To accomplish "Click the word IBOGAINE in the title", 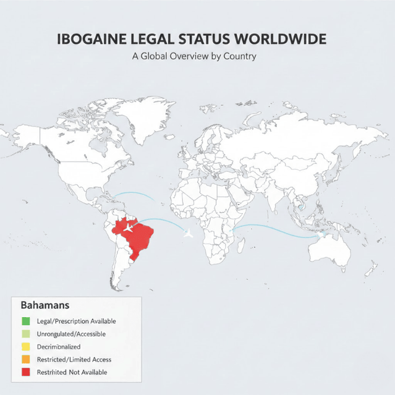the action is coord(91,40).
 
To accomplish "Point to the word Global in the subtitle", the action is coord(157,56).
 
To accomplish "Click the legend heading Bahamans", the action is coord(44,305).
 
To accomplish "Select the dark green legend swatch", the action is coord(26,321).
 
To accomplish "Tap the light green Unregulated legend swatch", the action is coord(26,334).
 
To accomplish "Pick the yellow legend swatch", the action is coord(26,347).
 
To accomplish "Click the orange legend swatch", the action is coord(26,359).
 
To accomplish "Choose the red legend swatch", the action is coord(26,372).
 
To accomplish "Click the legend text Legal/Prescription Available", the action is coord(77,321).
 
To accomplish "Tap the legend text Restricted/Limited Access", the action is coord(74,359).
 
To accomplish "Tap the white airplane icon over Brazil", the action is coord(129,227).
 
